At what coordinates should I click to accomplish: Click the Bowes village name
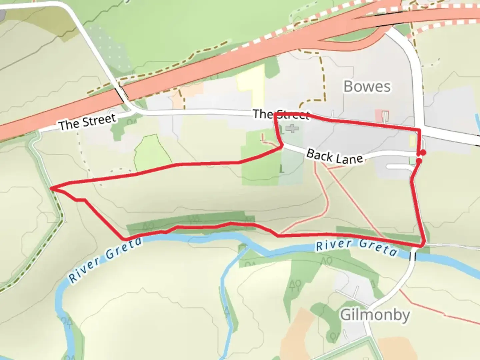point(367,87)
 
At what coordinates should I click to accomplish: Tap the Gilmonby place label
point(375,315)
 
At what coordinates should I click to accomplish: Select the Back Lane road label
point(334,156)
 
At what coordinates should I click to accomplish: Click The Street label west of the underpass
point(87,122)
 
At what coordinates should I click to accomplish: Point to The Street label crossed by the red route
point(281,114)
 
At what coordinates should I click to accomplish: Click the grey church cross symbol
point(292,128)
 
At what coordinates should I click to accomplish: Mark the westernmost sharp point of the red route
point(51,188)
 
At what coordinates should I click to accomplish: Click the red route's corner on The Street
point(275,114)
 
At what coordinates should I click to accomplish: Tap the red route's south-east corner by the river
point(423,245)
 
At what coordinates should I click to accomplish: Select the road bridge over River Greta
point(413,256)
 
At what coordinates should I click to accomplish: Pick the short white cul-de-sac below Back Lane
point(399,166)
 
